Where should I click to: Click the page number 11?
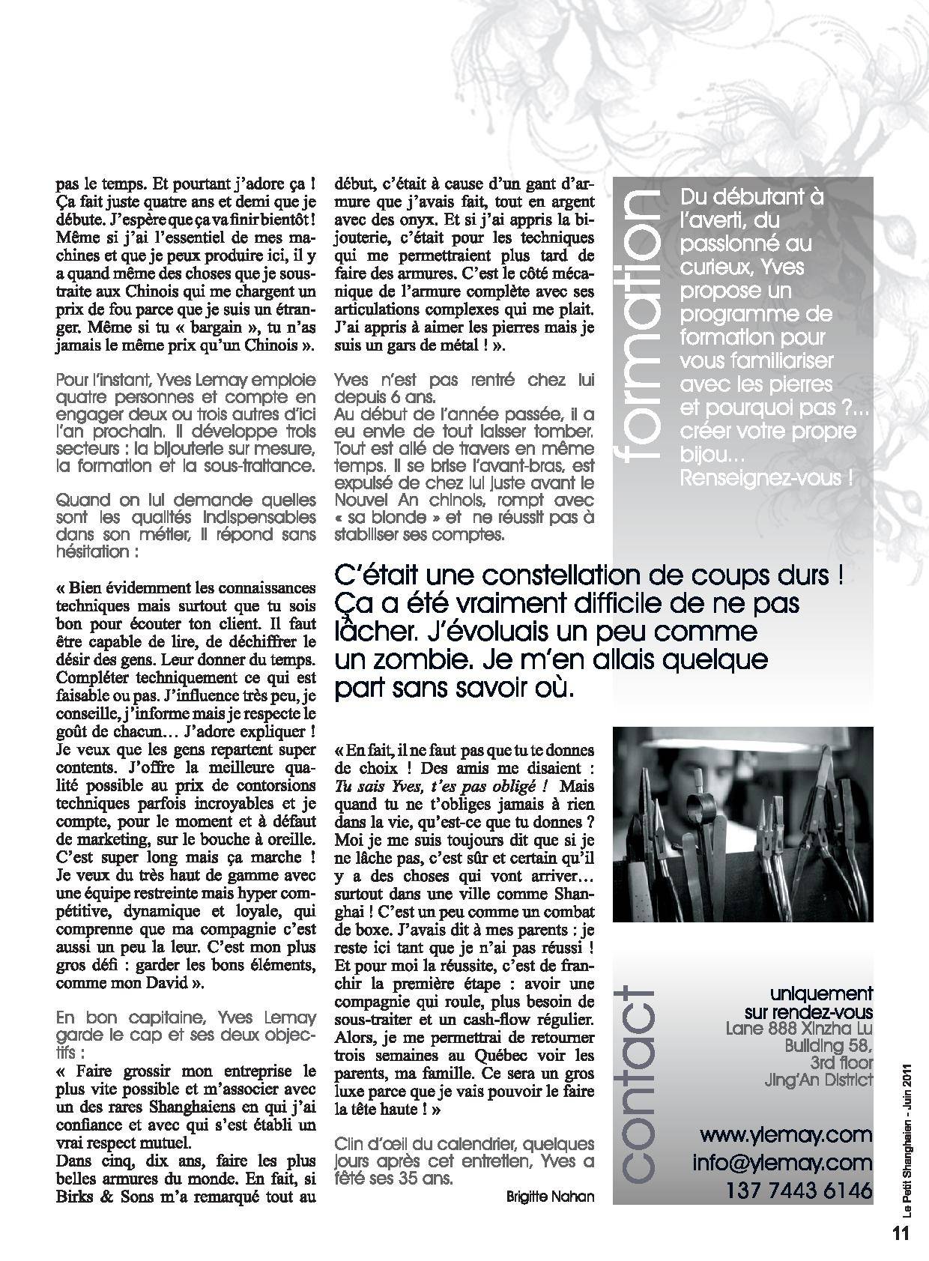900,1233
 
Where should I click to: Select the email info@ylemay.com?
783,1162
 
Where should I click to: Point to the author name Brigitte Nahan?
551,1197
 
